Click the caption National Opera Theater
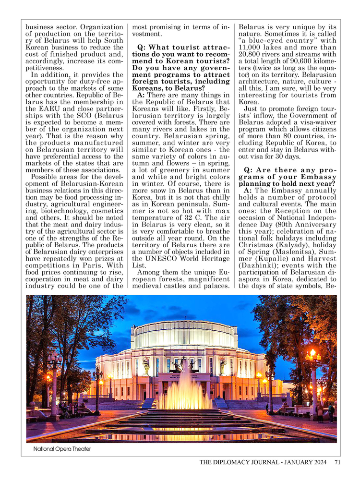coord(62,449)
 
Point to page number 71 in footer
coord(337,462)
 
